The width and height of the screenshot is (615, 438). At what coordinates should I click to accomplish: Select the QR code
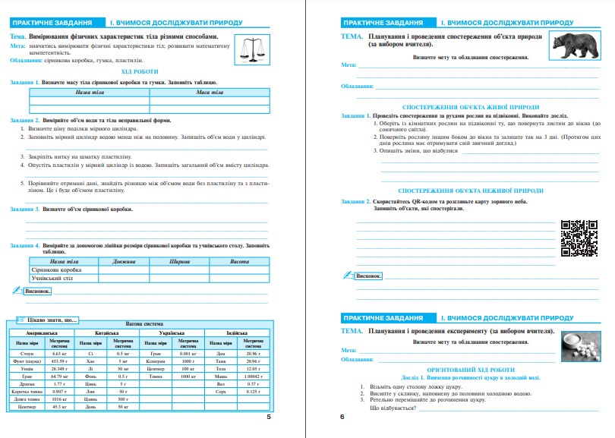(578, 237)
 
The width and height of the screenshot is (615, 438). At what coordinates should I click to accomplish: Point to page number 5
(269, 417)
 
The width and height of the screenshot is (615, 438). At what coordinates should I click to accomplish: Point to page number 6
(342, 417)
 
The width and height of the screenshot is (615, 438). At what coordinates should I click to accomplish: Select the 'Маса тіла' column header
(210, 92)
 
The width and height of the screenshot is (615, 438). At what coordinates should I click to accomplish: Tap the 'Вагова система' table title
(142, 324)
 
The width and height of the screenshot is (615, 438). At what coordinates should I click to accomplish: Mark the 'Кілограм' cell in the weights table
(156, 361)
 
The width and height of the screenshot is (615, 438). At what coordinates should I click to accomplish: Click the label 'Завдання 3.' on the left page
(26, 207)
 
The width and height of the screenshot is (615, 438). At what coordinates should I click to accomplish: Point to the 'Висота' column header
(239, 261)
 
